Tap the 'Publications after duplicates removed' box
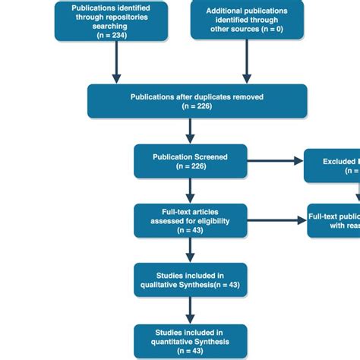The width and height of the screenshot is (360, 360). pos(197,101)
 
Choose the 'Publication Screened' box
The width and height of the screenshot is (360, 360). pos(191,161)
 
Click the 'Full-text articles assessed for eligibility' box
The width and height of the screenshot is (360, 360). pos(191,220)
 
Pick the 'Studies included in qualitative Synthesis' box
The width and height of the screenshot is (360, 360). pos(191,279)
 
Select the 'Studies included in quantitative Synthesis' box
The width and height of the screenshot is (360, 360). pos(191,341)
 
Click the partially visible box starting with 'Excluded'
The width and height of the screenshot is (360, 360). pos(332,166)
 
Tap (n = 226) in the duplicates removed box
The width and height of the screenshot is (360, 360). pos(197,107)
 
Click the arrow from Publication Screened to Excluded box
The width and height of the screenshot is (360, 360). pos(275,160)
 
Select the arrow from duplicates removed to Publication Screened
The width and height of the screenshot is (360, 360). pos(191,131)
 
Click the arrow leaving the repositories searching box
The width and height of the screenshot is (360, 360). pos(117,61)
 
